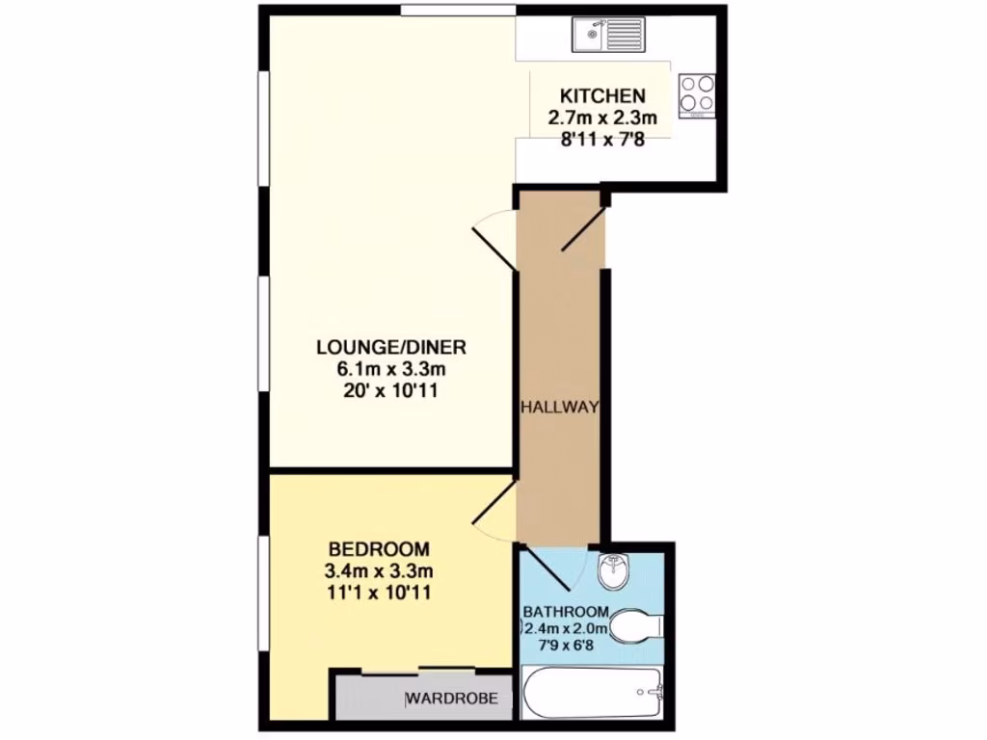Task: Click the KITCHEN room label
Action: tap(602, 96)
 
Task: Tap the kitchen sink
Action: tap(601, 36)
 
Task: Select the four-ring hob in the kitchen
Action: tap(697, 94)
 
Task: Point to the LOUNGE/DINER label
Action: tap(385, 347)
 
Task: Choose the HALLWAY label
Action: tap(560, 408)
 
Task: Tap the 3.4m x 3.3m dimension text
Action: tap(377, 570)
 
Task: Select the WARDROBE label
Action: tap(451, 699)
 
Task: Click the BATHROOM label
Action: tap(566, 612)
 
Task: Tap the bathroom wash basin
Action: tap(613, 572)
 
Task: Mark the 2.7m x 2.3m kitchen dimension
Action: tap(602, 119)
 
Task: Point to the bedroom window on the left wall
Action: tap(262, 593)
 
